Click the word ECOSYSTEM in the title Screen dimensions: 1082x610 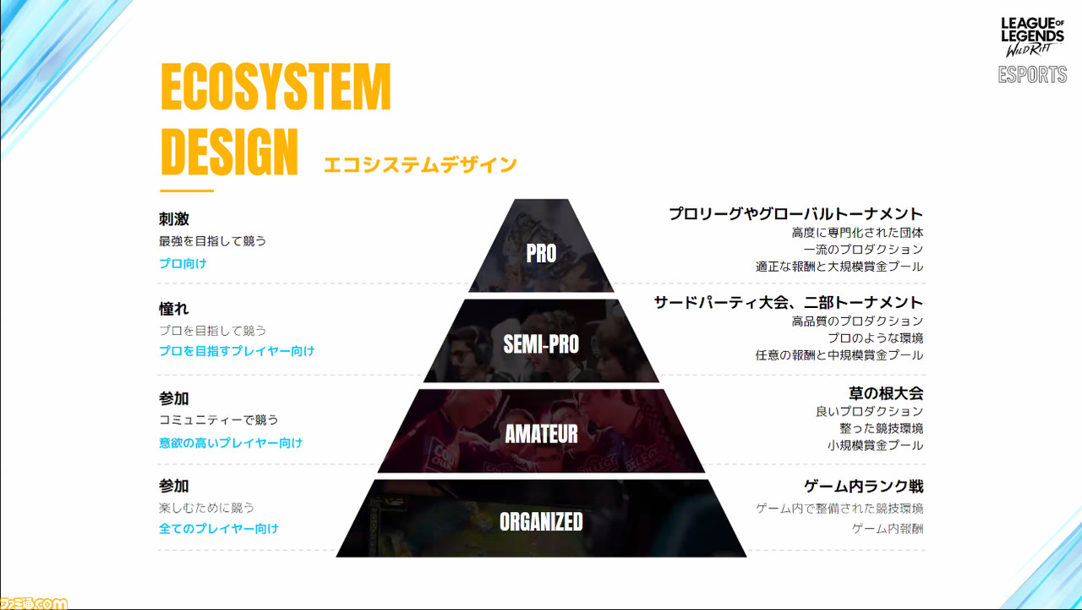click(x=276, y=87)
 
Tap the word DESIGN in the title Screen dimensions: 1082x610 click(x=229, y=151)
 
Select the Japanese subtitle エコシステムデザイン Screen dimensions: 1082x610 click(x=420, y=165)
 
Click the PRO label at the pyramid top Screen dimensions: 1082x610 click(x=541, y=253)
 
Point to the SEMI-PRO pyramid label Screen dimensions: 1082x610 click(x=541, y=343)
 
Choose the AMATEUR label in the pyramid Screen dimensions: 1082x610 click(x=541, y=433)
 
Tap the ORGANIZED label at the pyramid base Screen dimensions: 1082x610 click(x=541, y=521)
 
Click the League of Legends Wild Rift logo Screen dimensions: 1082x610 click(x=1032, y=37)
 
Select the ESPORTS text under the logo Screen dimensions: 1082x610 click(x=1032, y=75)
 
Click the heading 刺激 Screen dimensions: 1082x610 click(x=174, y=219)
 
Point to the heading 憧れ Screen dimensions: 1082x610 click(x=174, y=308)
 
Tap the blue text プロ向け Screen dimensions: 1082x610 click(x=183, y=263)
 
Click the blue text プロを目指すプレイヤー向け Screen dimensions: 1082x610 click(x=237, y=351)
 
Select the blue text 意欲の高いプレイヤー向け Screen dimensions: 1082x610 click(x=231, y=442)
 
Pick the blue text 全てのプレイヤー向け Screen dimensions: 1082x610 click(x=219, y=528)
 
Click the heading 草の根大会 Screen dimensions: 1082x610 click(x=886, y=393)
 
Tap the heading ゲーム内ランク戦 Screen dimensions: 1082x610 click(x=864, y=486)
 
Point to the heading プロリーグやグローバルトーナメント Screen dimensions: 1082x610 click(x=796, y=214)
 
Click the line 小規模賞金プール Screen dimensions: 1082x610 click(x=875, y=445)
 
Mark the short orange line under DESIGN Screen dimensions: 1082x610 click(x=187, y=191)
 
